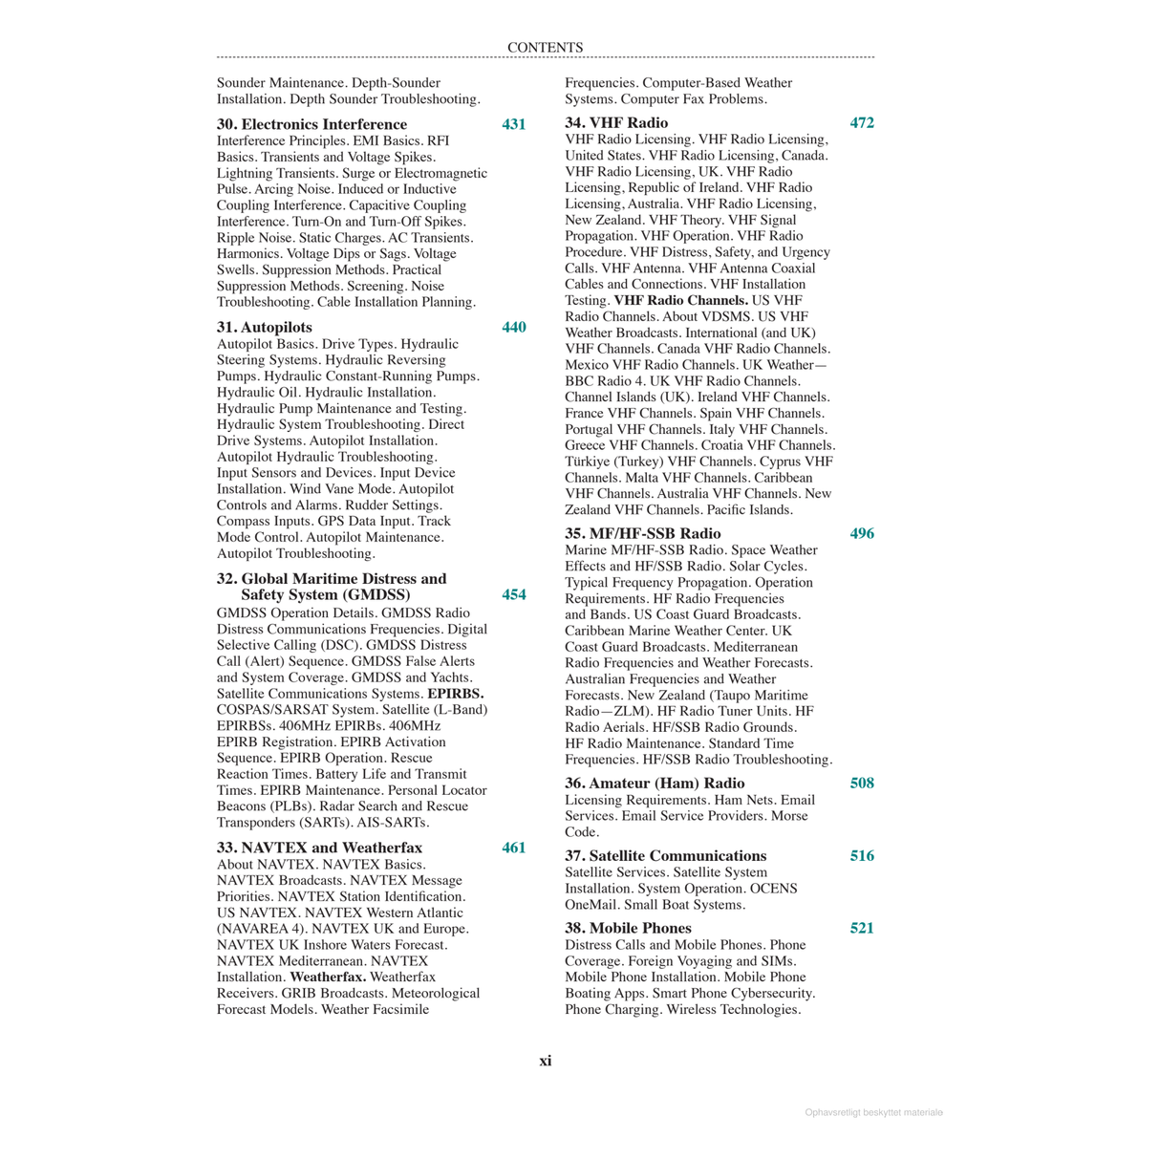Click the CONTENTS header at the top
[545, 48]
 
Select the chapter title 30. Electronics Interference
[311, 124]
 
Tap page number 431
[513, 124]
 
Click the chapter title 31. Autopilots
[264, 327]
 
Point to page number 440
[513, 327]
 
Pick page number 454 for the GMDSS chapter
[513, 594]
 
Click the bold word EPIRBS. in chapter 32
[455, 694]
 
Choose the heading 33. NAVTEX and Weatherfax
[319, 848]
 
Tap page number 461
[513, 848]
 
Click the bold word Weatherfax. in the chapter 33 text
[328, 977]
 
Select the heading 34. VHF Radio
[616, 122]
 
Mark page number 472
[862, 122]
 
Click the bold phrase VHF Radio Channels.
[680, 300]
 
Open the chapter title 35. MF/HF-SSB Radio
[642, 533]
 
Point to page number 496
[862, 533]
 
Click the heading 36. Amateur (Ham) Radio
[655, 783]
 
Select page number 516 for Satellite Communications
[862, 855]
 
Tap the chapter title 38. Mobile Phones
[628, 928]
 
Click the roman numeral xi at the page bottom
[545, 1061]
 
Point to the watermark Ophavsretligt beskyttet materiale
[873, 1112]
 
